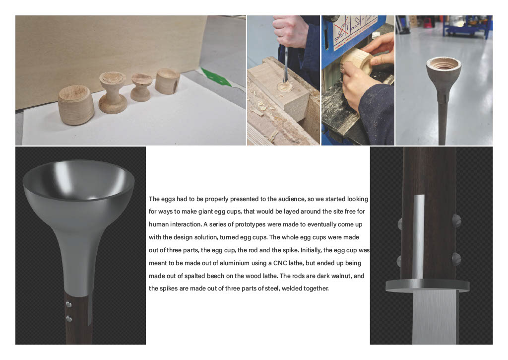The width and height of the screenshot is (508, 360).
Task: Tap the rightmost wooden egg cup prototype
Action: (x=167, y=81)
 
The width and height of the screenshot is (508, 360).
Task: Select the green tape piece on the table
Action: (x=216, y=77)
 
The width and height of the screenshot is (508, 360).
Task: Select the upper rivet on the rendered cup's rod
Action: (x=68, y=304)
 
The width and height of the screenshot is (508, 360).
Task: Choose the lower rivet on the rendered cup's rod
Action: (x=68, y=318)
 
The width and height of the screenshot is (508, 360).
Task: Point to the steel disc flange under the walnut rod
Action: (x=427, y=286)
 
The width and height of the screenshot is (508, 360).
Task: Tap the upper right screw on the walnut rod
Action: (x=456, y=220)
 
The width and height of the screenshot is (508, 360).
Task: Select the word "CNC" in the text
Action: (x=280, y=263)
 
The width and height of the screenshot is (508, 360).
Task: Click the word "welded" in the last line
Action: (x=292, y=288)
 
